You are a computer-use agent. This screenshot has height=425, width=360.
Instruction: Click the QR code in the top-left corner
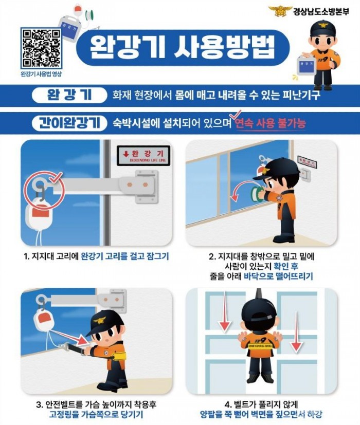click(x=41, y=48)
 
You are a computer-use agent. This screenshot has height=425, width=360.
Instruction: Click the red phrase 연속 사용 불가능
click(x=269, y=124)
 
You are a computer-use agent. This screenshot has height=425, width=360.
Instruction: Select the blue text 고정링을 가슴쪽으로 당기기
click(x=96, y=415)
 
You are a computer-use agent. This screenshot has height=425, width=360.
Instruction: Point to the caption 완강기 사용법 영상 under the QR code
click(x=41, y=74)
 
